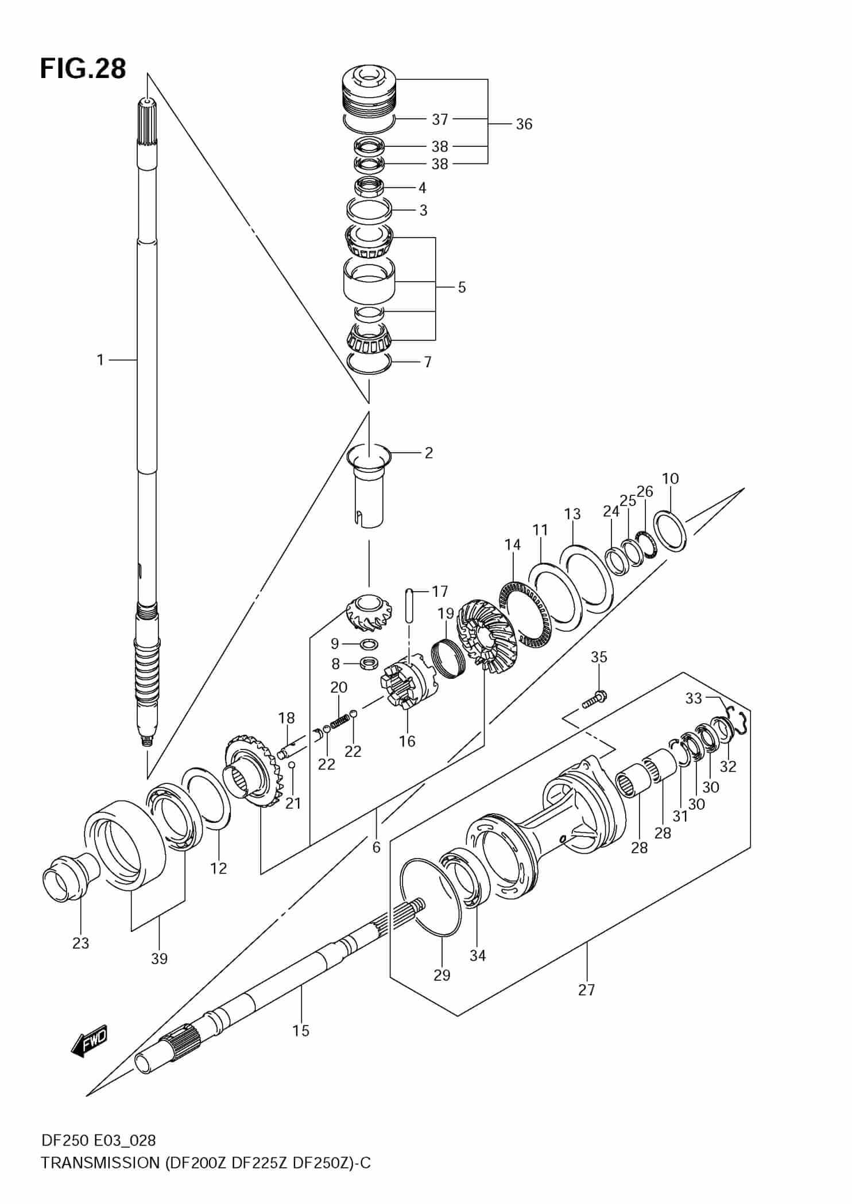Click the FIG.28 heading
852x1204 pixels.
(x=83, y=69)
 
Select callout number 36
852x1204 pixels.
(x=524, y=124)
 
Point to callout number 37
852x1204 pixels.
(x=440, y=119)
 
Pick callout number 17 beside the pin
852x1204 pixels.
(x=440, y=591)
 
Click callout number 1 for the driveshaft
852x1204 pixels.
(x=100, y=360)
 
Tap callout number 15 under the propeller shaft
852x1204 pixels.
(x=301, y=1031)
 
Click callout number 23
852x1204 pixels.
(x=80, y=943)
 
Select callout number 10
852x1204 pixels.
(x=670, y=478)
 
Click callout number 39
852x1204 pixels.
(x=159, y=958)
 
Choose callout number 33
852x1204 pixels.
(x=694, y=698)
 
